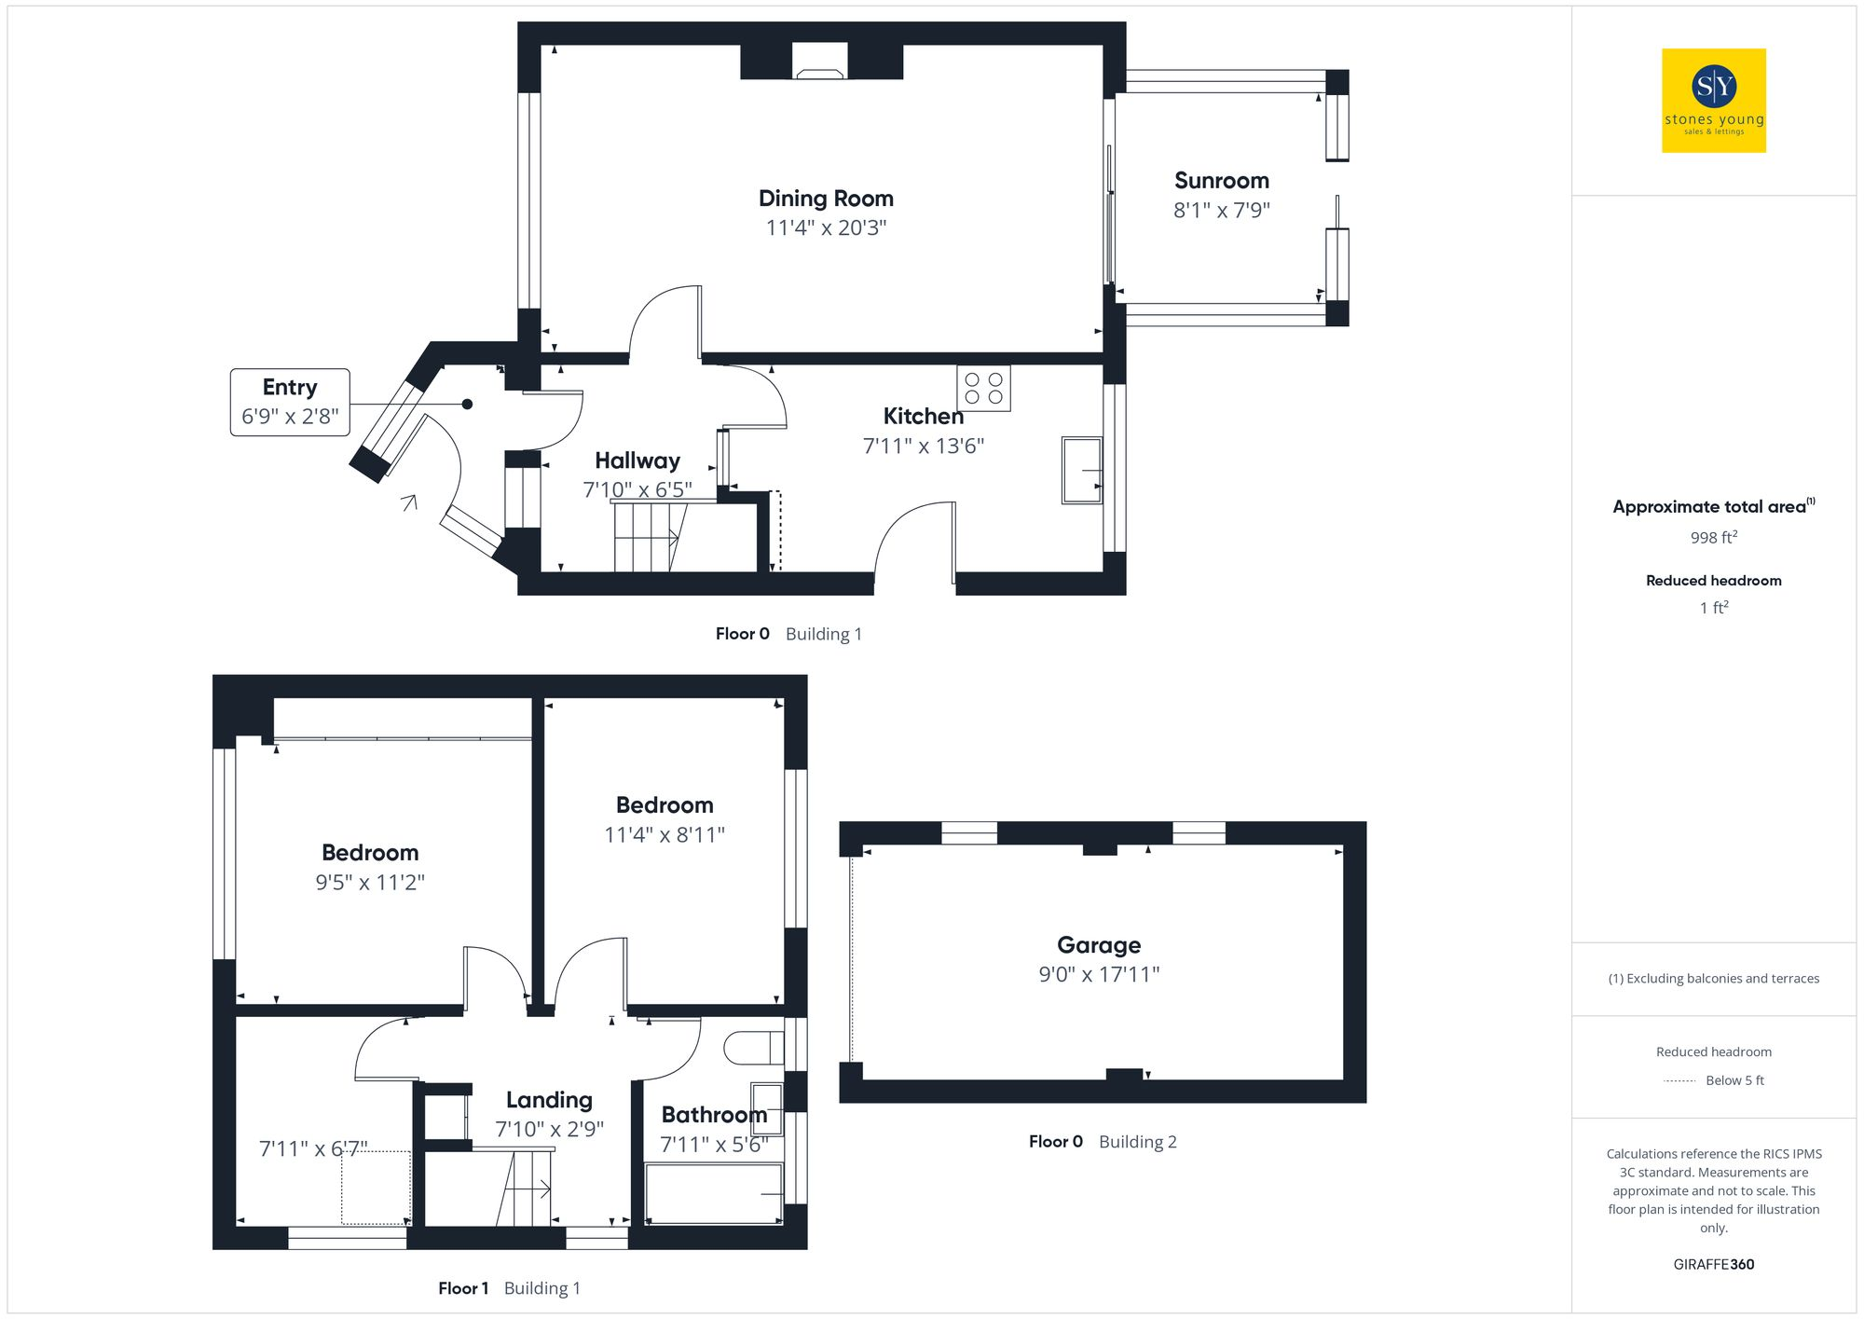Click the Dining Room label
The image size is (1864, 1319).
tap(826, 199)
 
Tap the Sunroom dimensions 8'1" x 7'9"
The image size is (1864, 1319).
tap(1221, 211)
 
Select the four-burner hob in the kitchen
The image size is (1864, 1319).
tap(983, 388)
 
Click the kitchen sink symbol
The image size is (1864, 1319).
tap(1081, 471)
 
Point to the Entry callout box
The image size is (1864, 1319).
tap(290, 402)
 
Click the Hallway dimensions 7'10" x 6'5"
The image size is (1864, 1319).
tap(637, 489)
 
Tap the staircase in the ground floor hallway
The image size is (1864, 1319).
tap(648, 538)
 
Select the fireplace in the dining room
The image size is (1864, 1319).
tap(820, 62)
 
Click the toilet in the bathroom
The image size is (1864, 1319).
tap(755, 1048)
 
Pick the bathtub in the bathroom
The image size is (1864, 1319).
tap(714, 1194)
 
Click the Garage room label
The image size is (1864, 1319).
tap(1099, 945)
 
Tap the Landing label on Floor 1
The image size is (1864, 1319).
tap(549, 1100)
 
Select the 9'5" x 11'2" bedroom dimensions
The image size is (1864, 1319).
tap(370, 883)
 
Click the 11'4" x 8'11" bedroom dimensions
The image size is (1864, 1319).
tap(665, 835)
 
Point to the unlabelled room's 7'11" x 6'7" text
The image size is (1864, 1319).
tap(313, 1149)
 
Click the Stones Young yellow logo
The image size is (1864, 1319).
tap(1713, 101)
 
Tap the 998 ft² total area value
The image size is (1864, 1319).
tap(1713, 538)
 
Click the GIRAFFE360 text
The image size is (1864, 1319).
tap(1713, 1265)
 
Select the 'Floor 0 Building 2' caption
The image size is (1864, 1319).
tap(1103, 1142)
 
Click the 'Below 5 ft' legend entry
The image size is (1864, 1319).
tap(1734, 1080)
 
